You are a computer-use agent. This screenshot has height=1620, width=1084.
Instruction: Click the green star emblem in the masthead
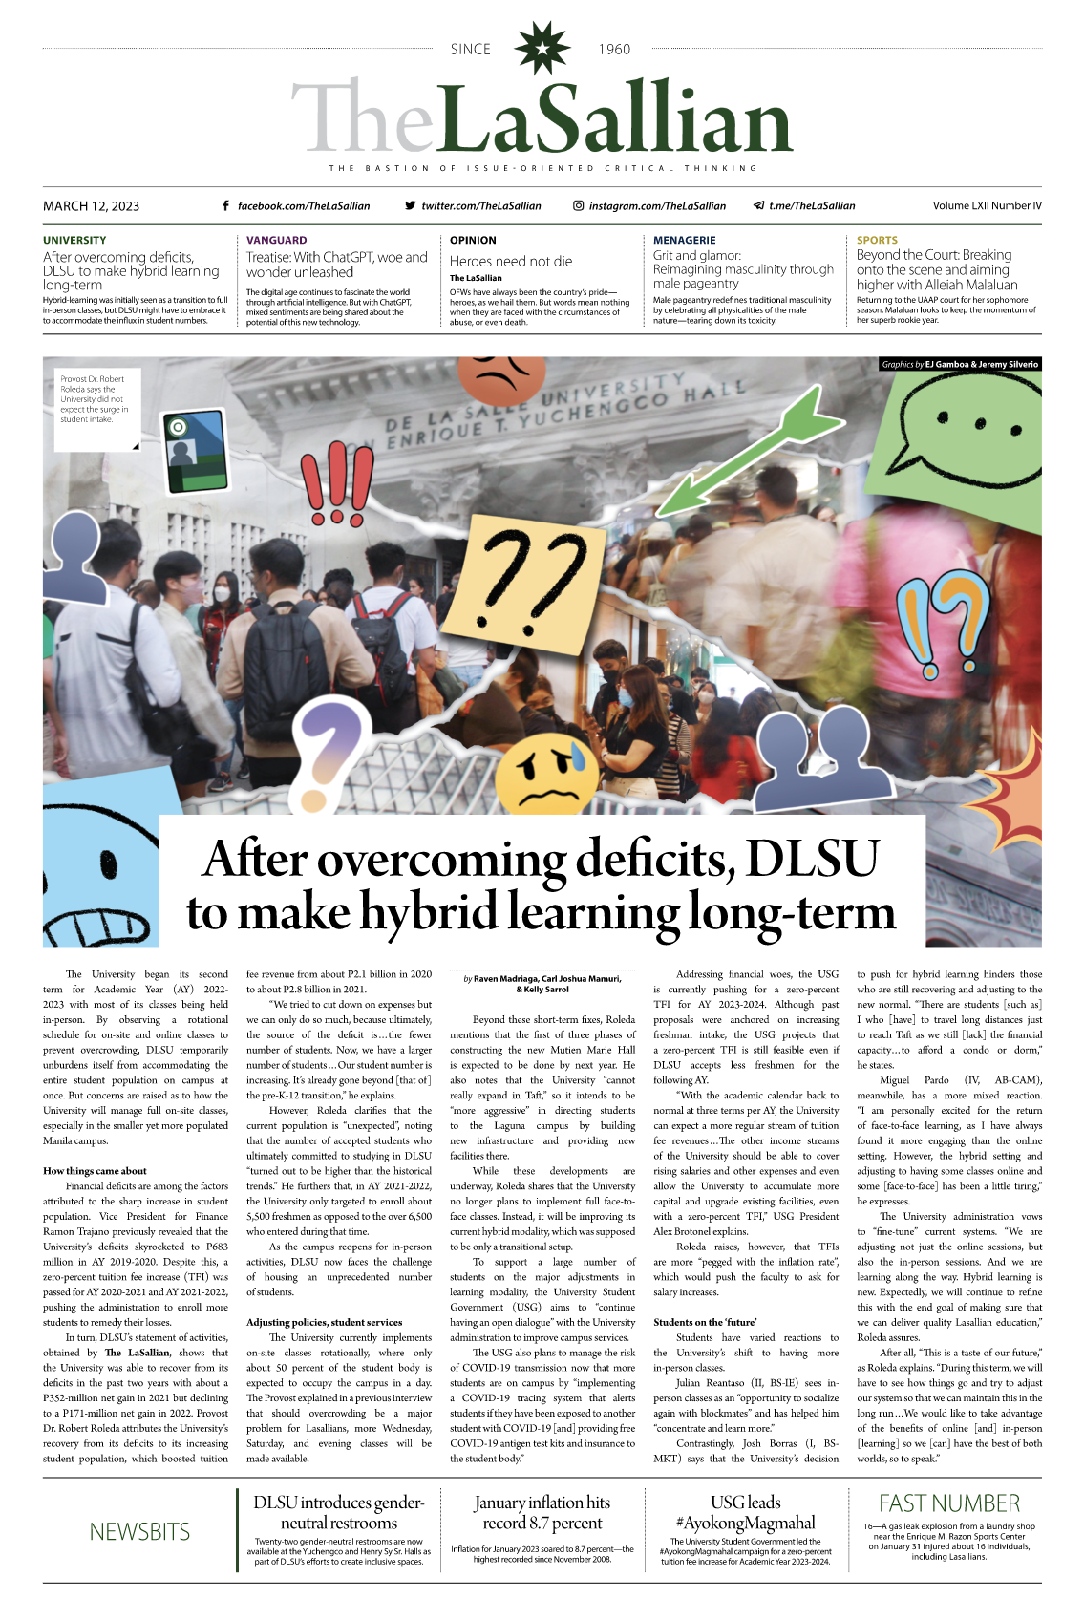(x=542, y=49)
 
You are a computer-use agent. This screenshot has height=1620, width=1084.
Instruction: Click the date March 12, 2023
(x=91, y=205)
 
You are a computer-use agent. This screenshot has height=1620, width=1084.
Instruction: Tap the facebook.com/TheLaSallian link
(x=303, y=205)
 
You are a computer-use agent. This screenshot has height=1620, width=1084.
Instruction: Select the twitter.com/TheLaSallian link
(x=480, y=205)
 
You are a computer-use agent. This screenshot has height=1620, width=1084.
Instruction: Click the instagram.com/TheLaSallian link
(x=656, y=205)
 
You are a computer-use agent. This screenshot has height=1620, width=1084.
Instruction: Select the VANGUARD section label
(x=277, y=240)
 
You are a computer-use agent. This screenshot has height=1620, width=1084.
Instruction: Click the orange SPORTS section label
(x=877, y=240)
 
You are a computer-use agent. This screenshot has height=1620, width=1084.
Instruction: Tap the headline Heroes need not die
(x=511, y=261)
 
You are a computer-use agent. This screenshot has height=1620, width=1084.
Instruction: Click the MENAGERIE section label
(x=684, y=240)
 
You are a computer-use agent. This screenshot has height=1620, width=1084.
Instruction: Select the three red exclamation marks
(x=337, y=482)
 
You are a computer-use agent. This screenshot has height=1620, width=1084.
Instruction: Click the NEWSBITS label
(x=139, y=1531)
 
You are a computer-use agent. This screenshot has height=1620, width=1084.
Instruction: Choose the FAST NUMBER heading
(x=948, y=1503)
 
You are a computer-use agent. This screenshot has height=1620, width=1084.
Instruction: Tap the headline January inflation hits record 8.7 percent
(x=542, y=1513)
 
